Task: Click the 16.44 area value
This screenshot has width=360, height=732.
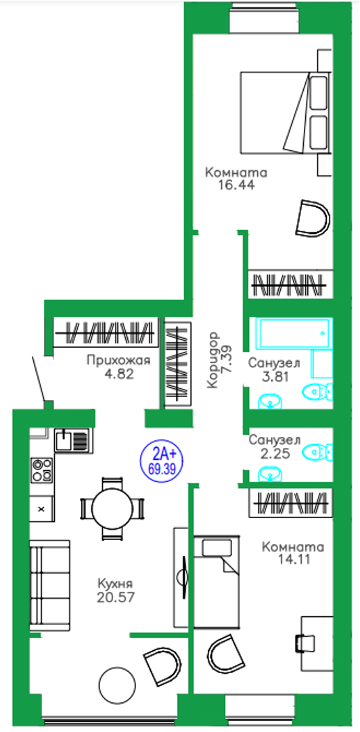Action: tap(235, 185)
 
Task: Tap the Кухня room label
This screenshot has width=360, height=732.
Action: tap(115, 583)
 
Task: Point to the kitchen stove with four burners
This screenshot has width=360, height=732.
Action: tap(41, 470)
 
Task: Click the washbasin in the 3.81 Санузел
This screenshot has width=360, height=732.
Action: tap(270, 401)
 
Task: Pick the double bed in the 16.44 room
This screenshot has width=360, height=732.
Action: tap(286, 112)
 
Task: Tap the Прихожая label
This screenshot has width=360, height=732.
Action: tap(118, 361)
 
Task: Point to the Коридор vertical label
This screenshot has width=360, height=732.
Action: tap(213, 359)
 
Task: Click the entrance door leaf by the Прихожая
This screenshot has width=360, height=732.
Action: tap(40, 379)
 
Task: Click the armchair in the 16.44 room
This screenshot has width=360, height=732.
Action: tap(313, 218)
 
